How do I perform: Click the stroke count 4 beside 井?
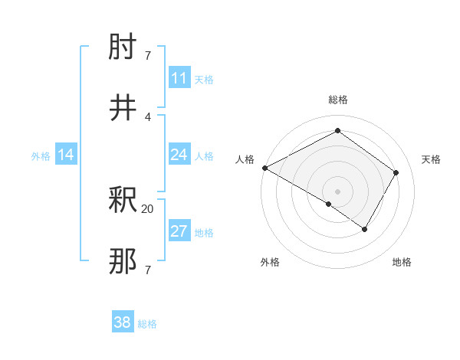[148, 116]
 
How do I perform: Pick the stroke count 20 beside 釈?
[148, 208]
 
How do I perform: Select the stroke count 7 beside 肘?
[148, 55]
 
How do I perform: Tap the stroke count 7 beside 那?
[148, 270]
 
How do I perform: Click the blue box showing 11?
[179, 78]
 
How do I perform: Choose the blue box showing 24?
[179, 155]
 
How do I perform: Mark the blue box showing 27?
[179, 231]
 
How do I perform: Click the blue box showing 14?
[66, 155]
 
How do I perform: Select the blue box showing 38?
[123, 323]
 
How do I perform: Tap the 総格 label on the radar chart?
[338, 100]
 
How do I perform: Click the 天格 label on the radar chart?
[432, 159]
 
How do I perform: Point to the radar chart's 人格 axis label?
[245, 159]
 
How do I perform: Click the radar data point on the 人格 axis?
[264, 168]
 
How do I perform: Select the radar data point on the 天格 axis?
[396, 172]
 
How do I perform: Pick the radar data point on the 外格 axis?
[329, 204]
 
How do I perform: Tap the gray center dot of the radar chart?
[338, 191]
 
